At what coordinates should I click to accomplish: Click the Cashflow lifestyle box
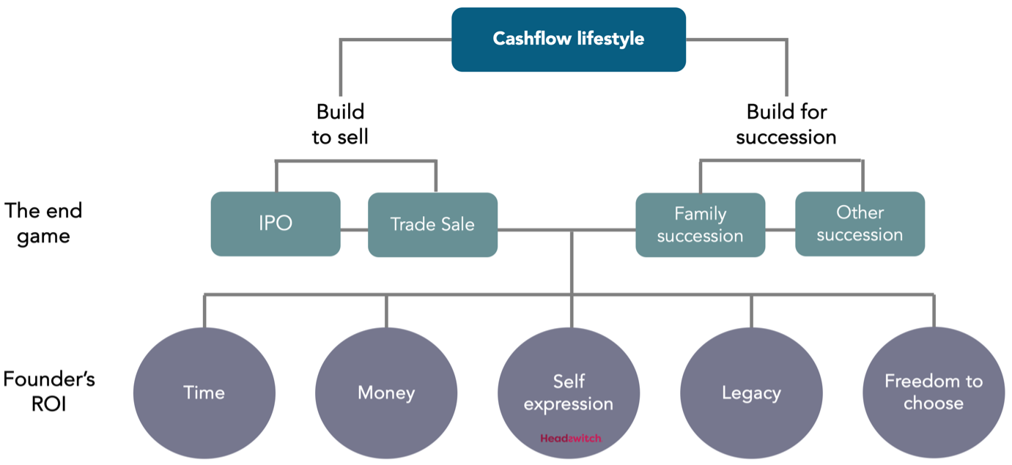click(x=568, y=40)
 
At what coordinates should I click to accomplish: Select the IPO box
click(x=276, y=224)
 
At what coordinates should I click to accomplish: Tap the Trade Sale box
click(x=432, y=224)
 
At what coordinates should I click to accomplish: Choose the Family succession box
click(x=700, y=225)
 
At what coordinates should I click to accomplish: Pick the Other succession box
click(x=860, y=223)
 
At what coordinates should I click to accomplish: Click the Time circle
click(x=204, y=393)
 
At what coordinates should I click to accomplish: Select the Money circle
click(x=386, y=393)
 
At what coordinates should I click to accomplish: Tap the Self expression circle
click(x=569, y=393)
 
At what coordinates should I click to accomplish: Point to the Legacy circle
click(x=751, y=393)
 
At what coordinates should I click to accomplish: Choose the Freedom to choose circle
click(x=933, y=393)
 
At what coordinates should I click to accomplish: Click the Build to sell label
click(x=340, y=124)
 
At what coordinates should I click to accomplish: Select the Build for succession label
click(x=786, y=124)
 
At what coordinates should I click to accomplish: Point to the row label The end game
click(x=43, y=223)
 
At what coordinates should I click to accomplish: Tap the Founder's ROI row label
click(x=49, y=391)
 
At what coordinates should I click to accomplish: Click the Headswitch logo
click(x=570, y=439)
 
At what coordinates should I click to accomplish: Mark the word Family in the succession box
click(x=700, y=214)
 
